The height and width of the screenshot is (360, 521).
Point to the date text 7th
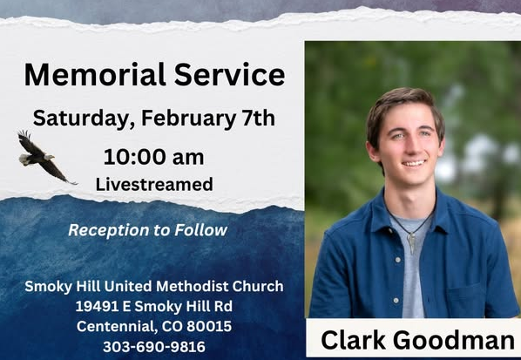pyautogui.click(x=257, y=118)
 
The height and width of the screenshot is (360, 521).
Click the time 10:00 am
pyautogui.click(x=153, y=158)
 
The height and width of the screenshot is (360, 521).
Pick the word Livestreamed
pyautogui.click(x=153, y=184)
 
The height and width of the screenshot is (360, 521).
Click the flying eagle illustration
pyautogui.click(x=43, y=156)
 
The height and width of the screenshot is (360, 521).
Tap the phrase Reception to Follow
pyautogui.click(x=147, y=230)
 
